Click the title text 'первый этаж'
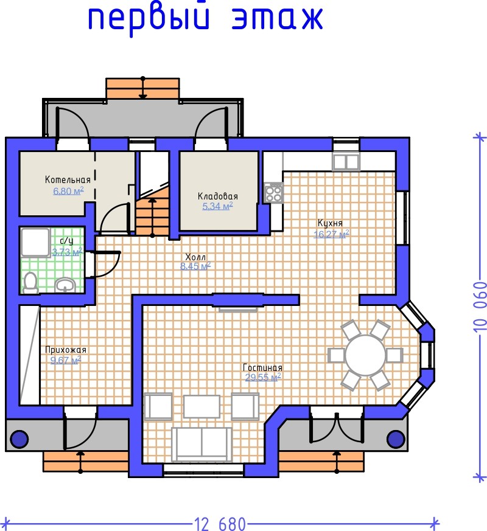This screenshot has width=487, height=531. [205, 19]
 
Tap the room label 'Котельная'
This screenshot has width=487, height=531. [68, 180]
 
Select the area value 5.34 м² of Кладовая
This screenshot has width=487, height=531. [217, 206]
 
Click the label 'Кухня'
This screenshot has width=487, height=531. [330, 223]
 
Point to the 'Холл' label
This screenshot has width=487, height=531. [195, 257]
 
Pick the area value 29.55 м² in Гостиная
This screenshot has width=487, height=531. [264, 377]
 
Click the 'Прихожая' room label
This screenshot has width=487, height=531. [66, 350]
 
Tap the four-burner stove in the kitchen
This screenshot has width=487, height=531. [273, 193]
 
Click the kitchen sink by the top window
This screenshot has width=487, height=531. [346, 162]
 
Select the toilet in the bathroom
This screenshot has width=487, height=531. [30, 282]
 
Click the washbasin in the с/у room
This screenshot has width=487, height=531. [66, 285]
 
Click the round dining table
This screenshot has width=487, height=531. [366, 355]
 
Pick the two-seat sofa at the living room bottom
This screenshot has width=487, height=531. [201, 444]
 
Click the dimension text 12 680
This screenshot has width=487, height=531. [220, 524]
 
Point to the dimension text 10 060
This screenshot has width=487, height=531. [480, 306]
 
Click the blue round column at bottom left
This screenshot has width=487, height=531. [19, 439]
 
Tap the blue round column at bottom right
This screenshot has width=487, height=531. [396, 439]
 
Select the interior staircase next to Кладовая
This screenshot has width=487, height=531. [153, 210]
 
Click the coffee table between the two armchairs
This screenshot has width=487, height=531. [201, 406]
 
